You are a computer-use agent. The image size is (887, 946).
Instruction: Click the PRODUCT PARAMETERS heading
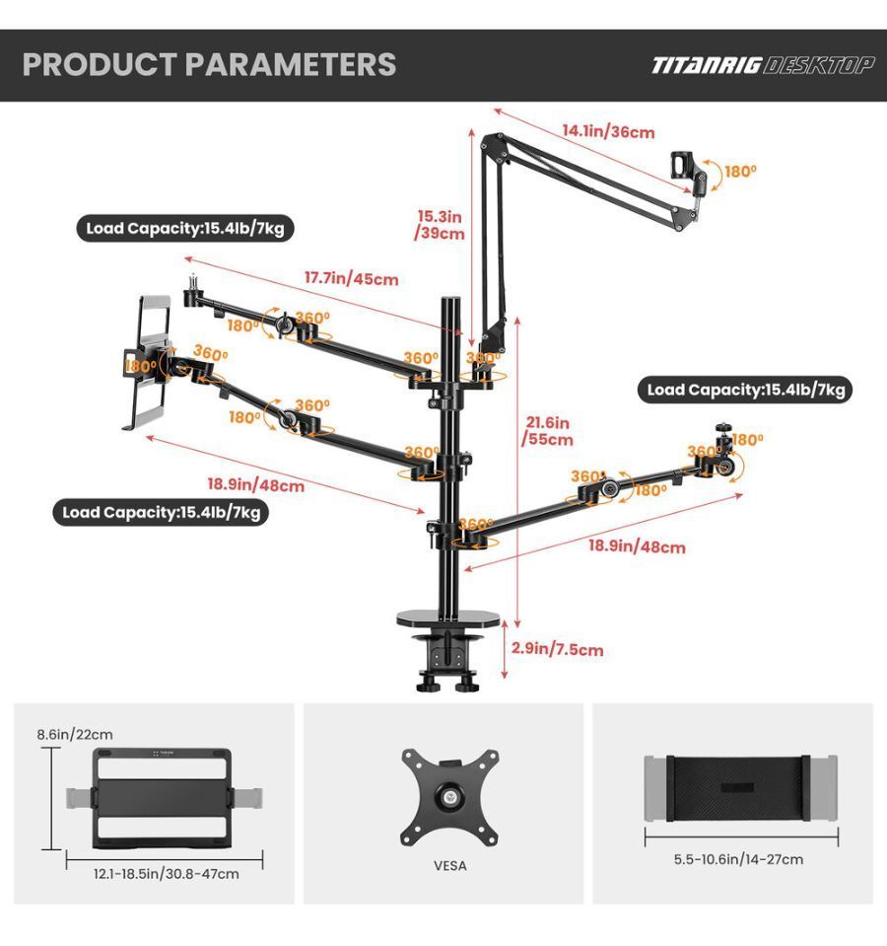click(209, 64)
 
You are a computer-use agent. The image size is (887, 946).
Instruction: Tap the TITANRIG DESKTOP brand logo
click(762, 65)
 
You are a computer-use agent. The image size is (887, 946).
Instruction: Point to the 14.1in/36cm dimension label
click(608, 131)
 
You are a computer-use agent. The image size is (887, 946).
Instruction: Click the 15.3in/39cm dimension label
click(440, 225)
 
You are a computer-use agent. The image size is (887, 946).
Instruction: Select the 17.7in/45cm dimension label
click(351, 278)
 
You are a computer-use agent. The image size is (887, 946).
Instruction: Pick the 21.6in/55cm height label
click(547, 430)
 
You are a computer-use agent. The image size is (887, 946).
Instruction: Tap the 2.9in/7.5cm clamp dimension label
click(558, 649)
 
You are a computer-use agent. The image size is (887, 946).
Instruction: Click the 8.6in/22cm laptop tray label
click(75, 734)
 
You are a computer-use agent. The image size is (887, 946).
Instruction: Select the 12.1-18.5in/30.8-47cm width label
click(166, 874)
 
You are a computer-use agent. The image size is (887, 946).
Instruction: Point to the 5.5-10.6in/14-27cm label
click(738, 859)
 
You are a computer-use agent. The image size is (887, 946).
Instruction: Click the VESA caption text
click(450, 866)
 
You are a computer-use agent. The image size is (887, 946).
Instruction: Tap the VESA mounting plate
click(450, 798)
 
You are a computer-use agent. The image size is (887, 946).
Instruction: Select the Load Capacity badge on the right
click(745, 390)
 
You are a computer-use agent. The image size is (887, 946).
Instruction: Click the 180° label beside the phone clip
click(740, 172)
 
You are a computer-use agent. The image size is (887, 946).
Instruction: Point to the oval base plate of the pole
click(448, 618)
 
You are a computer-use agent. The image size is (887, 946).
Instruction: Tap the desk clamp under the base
click(448, 661)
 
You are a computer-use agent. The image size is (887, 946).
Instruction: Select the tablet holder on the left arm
click(148, 362)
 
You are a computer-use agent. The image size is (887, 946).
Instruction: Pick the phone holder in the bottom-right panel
click(740, 788)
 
